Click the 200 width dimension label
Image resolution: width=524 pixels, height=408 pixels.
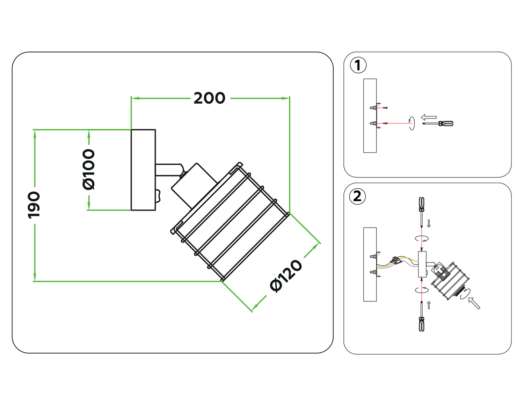tap(209, 98)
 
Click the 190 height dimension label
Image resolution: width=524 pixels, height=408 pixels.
tap(34, 205)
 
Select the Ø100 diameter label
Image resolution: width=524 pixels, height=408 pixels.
tap(89, 170)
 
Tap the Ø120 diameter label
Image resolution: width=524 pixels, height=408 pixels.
tap(286, 276)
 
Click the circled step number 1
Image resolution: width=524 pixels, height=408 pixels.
tap(358, 66)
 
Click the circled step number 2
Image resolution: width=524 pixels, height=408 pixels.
tap(357, 196)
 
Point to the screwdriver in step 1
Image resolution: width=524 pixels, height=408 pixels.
tap(439, 123)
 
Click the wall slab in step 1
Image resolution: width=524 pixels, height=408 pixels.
tap(370, 116)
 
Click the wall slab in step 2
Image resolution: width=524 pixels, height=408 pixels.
tap(370, 264)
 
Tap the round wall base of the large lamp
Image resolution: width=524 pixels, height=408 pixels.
tap(143, 170)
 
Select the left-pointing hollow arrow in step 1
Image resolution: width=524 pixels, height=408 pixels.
tap(429, 117)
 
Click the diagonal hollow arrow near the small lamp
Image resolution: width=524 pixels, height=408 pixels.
tap(474, 303)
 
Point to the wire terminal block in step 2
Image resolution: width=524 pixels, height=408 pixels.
tap(396, 260)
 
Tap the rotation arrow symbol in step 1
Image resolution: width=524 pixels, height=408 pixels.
tap(412, 123)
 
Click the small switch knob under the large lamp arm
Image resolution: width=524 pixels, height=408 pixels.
tap(158, 196)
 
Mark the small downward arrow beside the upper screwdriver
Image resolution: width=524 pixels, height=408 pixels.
tap(429, 223)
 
